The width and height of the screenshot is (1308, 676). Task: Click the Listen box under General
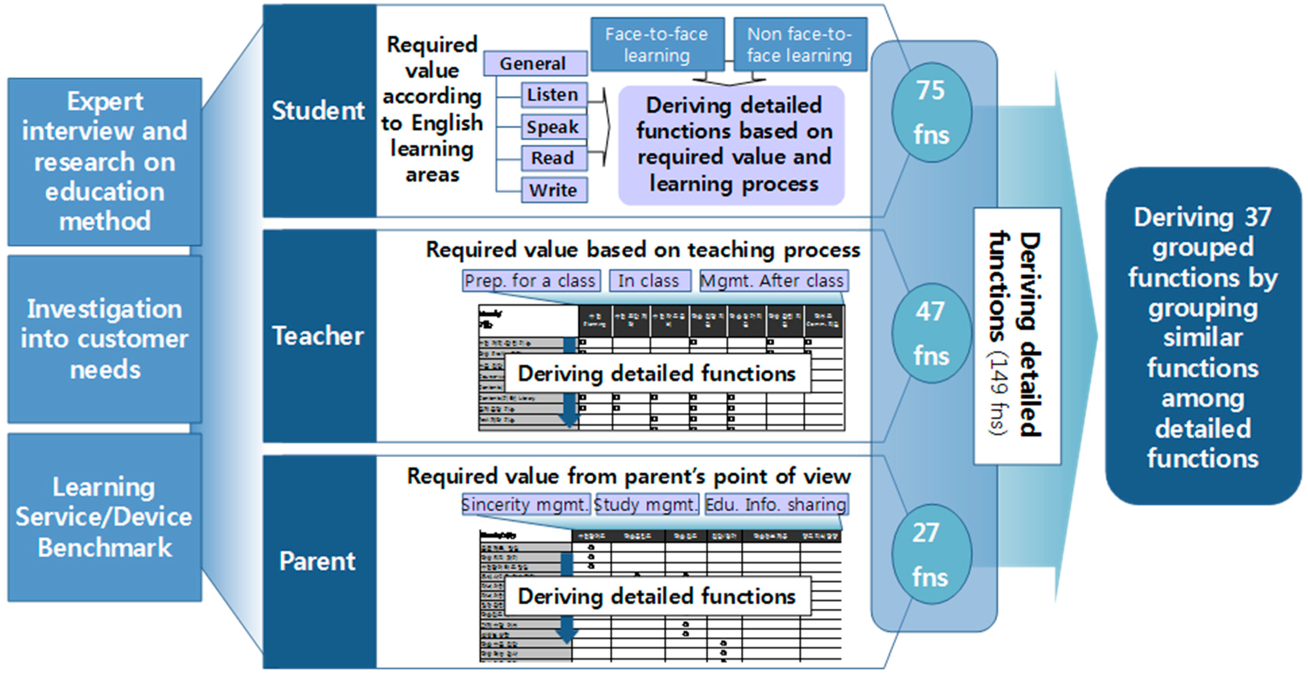coord(554,95)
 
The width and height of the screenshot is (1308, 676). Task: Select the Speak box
coord(554,127)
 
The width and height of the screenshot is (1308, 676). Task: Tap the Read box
coord(554,158)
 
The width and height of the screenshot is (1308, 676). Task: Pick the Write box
coord(554,190)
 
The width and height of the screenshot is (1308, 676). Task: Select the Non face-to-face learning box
coord(800,45)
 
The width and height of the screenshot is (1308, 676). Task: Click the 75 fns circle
coord(931,113)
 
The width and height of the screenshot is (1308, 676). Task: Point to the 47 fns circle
coord(931,333)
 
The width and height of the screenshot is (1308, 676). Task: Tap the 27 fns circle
coord(931,554)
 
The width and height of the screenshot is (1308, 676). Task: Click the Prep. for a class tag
coord(531,281)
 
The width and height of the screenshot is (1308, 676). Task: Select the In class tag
coord(650,281)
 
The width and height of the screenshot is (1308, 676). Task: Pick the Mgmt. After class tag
coord(773,281)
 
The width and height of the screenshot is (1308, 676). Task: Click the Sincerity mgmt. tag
coord(526,504)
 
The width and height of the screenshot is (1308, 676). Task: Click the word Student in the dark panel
coord(319,111)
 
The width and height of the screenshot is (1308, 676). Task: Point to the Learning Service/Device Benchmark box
coord(105,518)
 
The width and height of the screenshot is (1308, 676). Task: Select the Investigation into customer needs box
coord(105,339)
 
